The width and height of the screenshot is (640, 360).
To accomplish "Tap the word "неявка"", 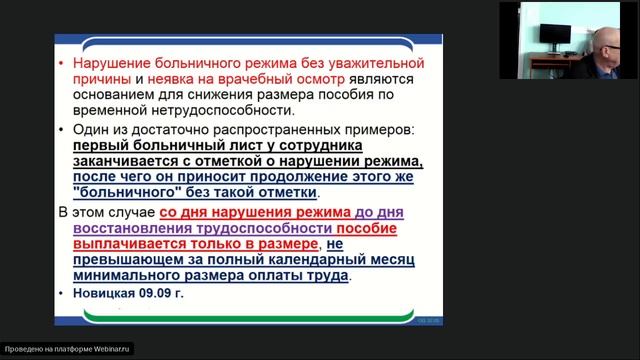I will pyautogui.click(x=184, y=78).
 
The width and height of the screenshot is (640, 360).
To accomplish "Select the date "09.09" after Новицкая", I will pyautogui.click(x=162, y=294).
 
